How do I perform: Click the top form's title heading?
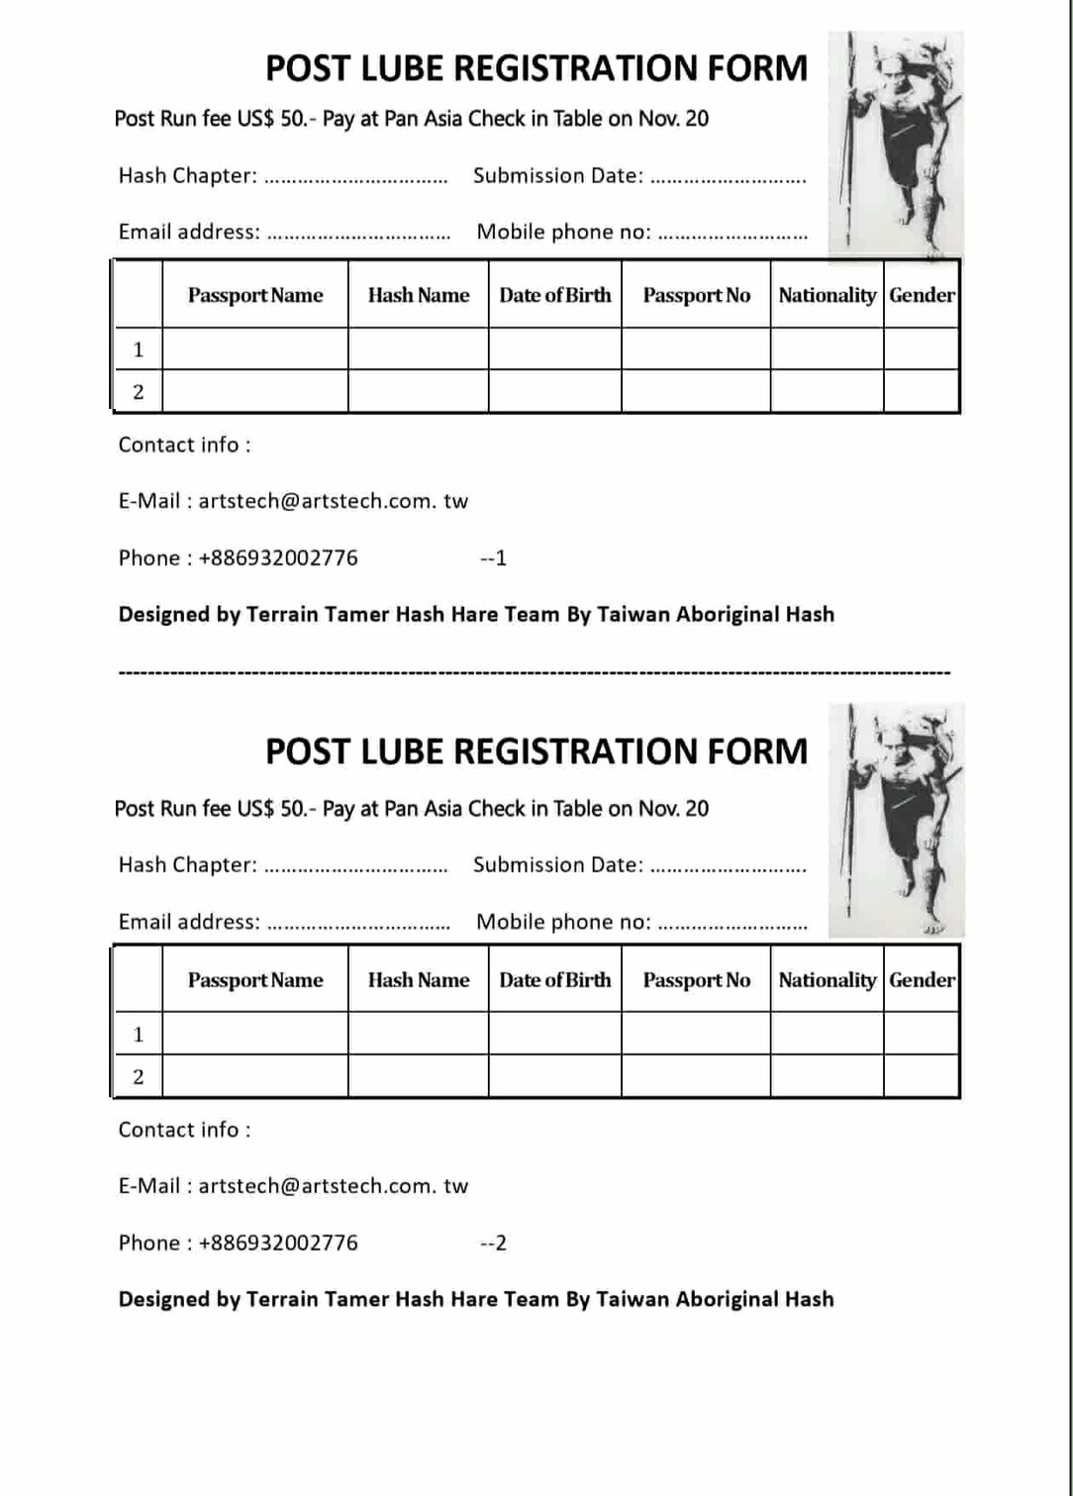coord(536,68)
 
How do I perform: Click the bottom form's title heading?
coord(536,751)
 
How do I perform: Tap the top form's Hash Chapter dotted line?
coord(356,180)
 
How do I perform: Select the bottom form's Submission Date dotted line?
coord(729,869)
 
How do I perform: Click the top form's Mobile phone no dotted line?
coord(732,237)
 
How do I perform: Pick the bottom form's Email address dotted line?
coord(358,926)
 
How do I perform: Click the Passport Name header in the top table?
coord(255,295)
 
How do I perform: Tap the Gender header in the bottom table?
coord(922,980)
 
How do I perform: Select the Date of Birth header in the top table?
coord(554,295)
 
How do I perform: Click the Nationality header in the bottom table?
coord(827,980)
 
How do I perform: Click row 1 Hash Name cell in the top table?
coord(418,349)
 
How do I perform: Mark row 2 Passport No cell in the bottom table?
coord(696,1076)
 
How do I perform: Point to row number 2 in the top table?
coord(139,392)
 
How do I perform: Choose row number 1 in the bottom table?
coord(139,1035)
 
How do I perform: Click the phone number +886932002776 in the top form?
coord(278,558)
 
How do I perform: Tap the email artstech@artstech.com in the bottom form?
coord(333,1186)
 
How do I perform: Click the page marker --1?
coord(493,558)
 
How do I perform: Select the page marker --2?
coord(493,1244)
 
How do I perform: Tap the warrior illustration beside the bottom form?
coord(896,820)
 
